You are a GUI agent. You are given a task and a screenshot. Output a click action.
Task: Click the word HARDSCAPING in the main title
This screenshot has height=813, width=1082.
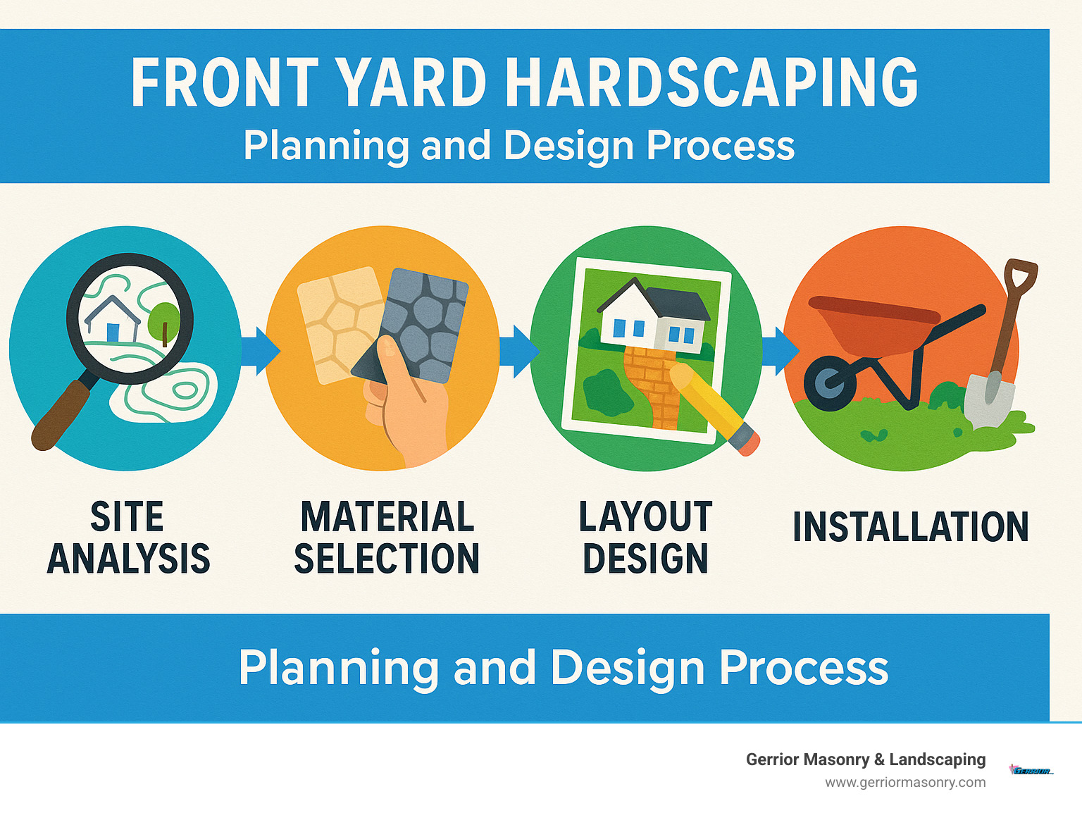(711, 83)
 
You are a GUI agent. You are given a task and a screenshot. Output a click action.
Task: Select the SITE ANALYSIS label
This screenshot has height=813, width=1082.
(128, 538)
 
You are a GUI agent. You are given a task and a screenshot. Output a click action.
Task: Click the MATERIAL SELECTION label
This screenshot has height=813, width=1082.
(387, 538)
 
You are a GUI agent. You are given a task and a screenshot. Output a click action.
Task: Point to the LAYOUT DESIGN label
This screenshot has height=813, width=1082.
(645, 538)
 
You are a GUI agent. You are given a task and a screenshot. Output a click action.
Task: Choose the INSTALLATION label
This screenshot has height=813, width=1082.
(910, 527)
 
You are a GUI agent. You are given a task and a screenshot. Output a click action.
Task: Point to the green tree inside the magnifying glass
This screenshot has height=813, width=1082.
(164, 319)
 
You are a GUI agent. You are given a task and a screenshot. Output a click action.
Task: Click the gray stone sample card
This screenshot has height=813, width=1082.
(423, 321)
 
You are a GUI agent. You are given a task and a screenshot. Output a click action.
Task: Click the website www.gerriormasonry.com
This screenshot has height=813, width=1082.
(905, 782)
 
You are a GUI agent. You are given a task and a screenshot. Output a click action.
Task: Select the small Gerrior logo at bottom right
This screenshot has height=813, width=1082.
(1031, 770)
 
